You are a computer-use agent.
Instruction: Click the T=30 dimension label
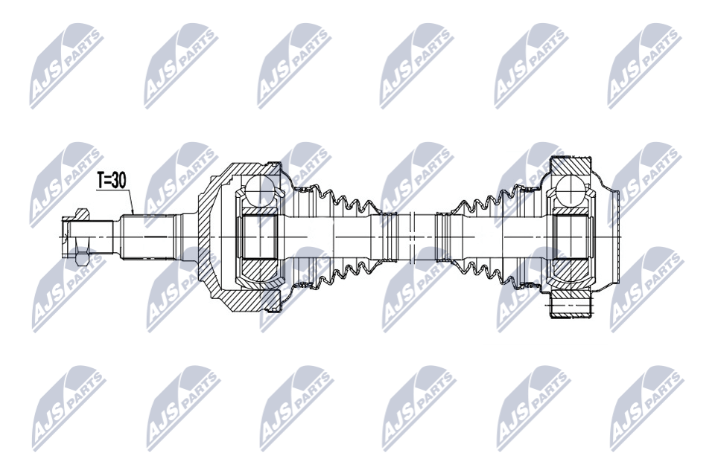111,181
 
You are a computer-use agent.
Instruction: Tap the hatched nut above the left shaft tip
80,213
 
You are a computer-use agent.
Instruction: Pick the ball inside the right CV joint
572,191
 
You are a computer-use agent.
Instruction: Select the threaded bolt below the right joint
572,305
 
